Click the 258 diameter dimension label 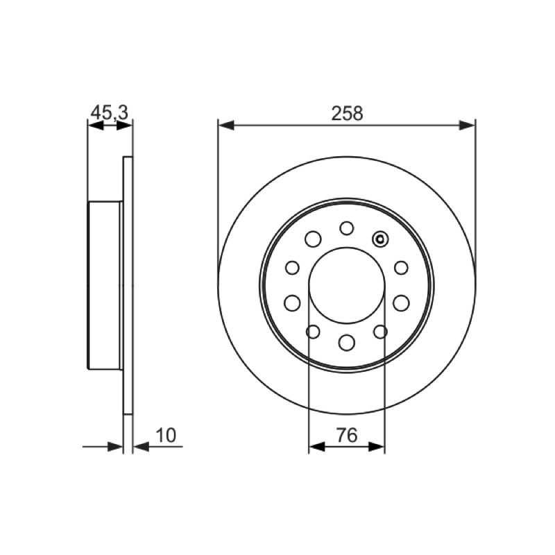(347, 113)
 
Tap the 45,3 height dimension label (110, 113)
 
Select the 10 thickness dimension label (166, 436)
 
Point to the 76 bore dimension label (347, 436)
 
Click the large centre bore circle (309, 285)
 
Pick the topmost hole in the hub (346, 228)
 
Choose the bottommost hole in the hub (346, 343)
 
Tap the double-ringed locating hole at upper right (380, 239)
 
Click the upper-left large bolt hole (313, 239)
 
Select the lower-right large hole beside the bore (401, 303)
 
